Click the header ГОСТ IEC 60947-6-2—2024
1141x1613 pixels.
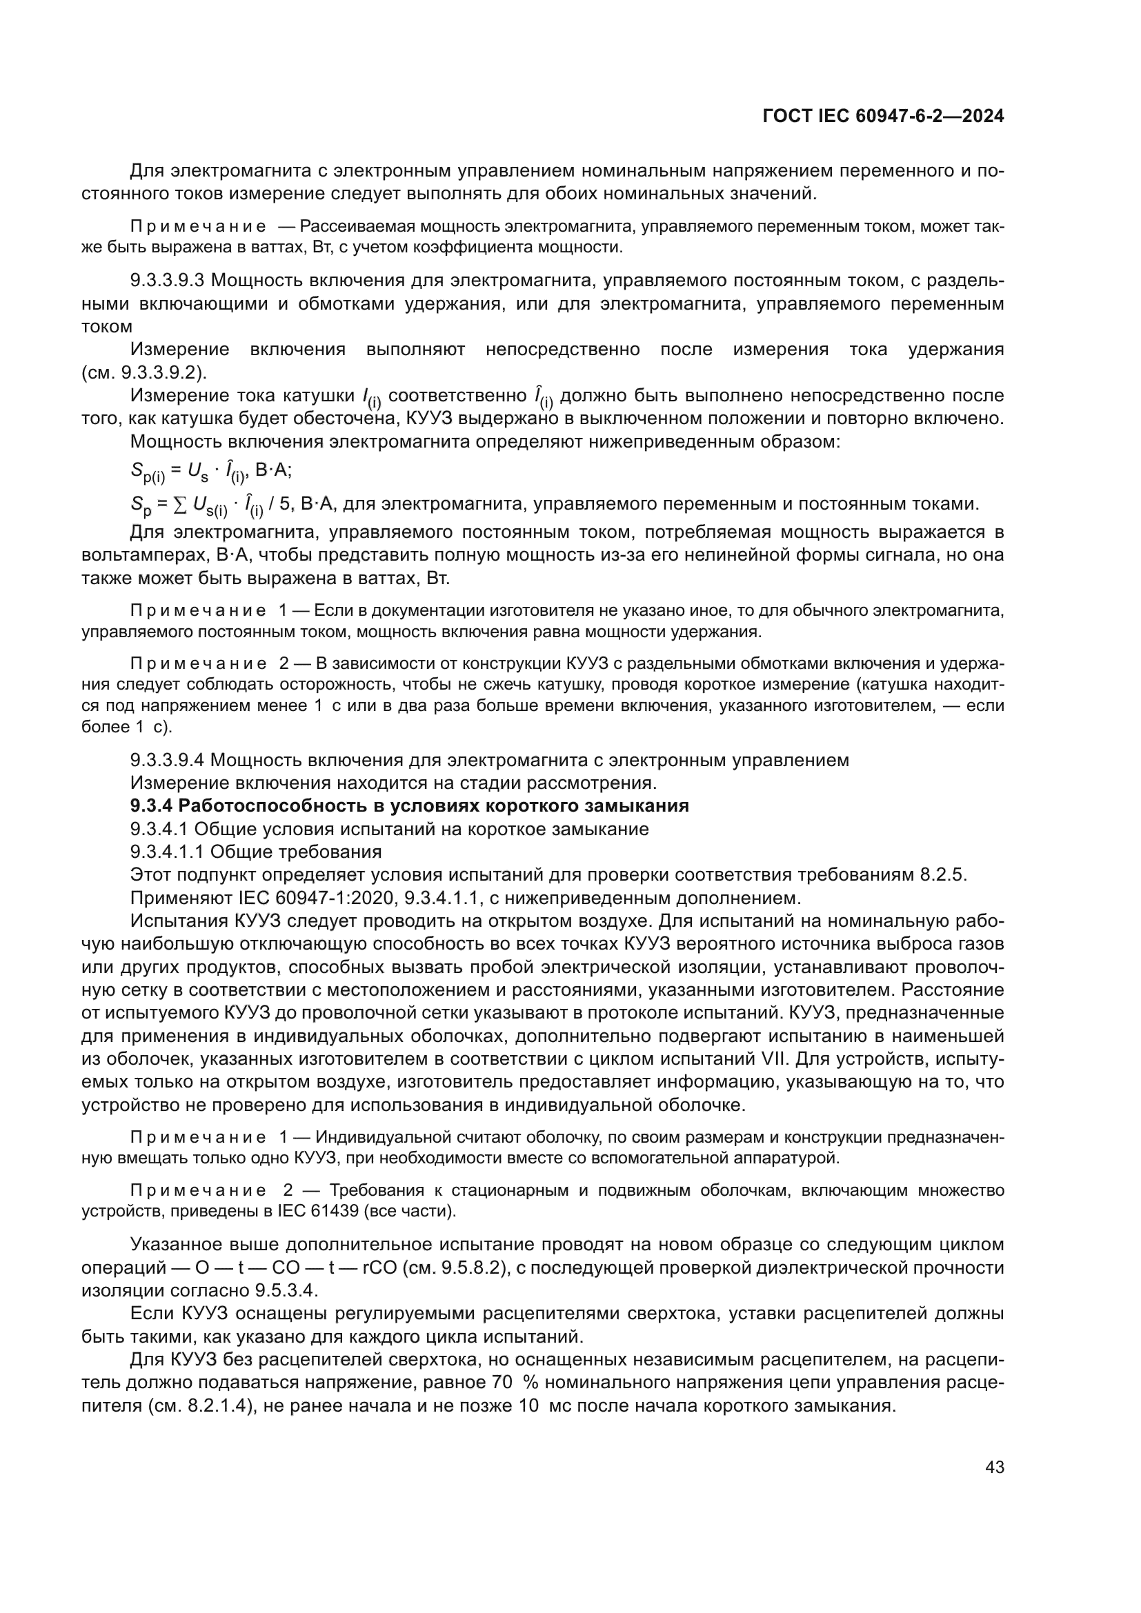coord(883,116)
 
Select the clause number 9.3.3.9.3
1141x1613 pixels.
coord(167,280)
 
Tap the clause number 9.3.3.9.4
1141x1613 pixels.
coord(167,760)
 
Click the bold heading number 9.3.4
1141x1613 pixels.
coord(152,805)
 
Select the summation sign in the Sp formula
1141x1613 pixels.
coord(182,503)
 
